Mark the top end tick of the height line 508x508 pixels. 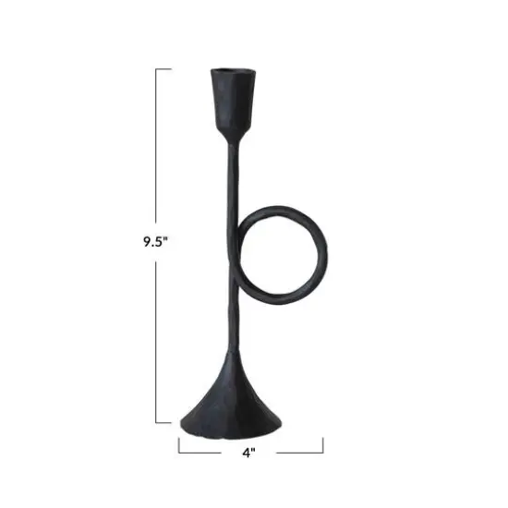point(163,69)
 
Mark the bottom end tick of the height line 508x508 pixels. point(163,421)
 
